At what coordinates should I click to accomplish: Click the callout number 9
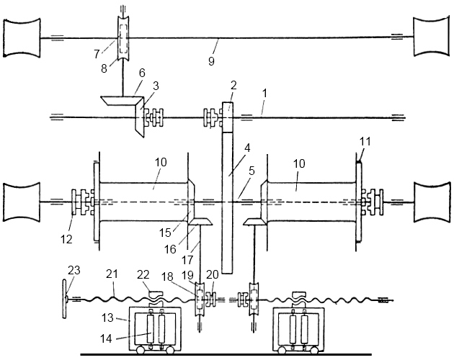click(211, 61)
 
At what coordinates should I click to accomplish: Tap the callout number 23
click(74, 271)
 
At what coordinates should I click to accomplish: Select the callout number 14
click(106, 338)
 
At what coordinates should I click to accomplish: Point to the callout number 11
click(365, 142)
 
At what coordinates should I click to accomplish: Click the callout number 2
click(233, 85)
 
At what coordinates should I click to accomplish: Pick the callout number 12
click(66, 239)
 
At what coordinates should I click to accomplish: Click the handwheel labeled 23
click(65, 300)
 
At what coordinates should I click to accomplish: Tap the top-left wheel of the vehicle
click(22, 37)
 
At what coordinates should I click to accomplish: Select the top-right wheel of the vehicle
click(432, 37)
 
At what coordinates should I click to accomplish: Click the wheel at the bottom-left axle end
click(22, 202)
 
